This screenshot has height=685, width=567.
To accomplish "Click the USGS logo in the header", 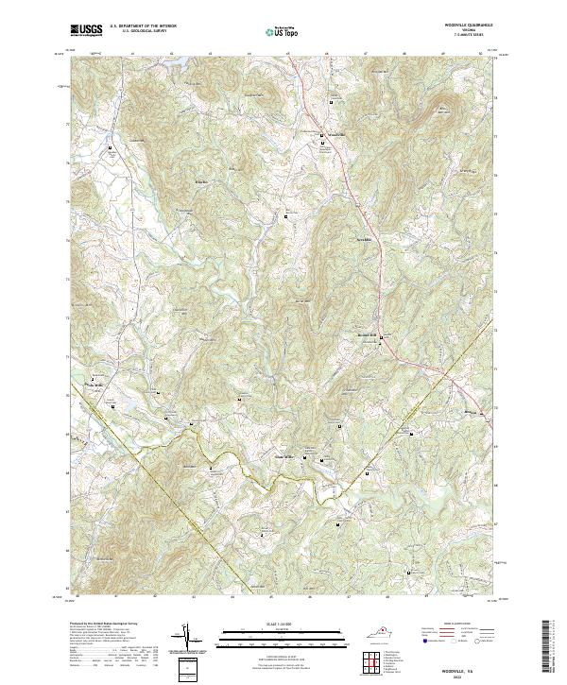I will [x=87, y=29].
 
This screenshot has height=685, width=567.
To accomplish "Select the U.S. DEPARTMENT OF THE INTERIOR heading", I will [x=143, y=26].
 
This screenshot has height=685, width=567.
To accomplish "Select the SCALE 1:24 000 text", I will [x=283, y=625].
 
